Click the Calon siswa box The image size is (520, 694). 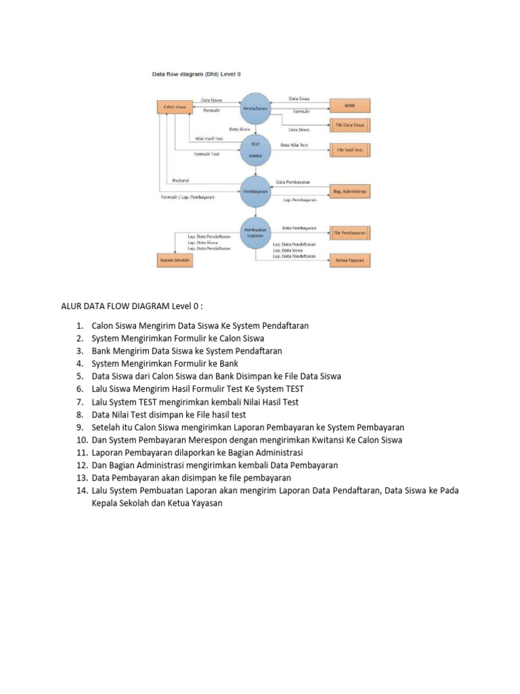tap(175, 107)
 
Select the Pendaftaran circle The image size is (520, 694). tap(255, 107)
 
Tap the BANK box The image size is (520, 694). tap(350, 106)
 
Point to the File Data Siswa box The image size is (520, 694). tap(350, 125)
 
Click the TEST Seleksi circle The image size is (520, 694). tap(255, 149)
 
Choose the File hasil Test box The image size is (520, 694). tap(350, 149)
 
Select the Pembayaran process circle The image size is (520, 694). tap(255, 191)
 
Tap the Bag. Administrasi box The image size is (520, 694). tap(350, 192)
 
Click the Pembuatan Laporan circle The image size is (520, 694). tap(255, 232)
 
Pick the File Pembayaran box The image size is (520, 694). tap(350, 232)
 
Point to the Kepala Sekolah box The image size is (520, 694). tap(175, 260)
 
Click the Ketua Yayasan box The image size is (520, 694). tap(350, 260)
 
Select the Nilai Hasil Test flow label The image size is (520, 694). tap(209, 138)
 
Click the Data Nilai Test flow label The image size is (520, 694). tap(295, 145)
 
